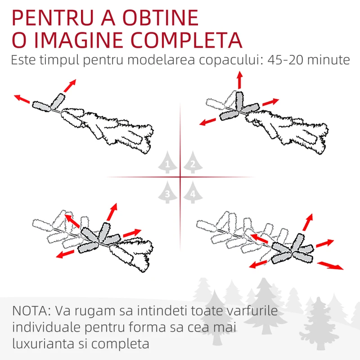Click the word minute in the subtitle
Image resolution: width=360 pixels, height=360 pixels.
click(x=328, y=60)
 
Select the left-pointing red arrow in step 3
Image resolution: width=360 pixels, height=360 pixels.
click(x=65, y=254)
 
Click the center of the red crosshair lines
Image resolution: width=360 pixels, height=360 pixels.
click(x=180, y=177)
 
